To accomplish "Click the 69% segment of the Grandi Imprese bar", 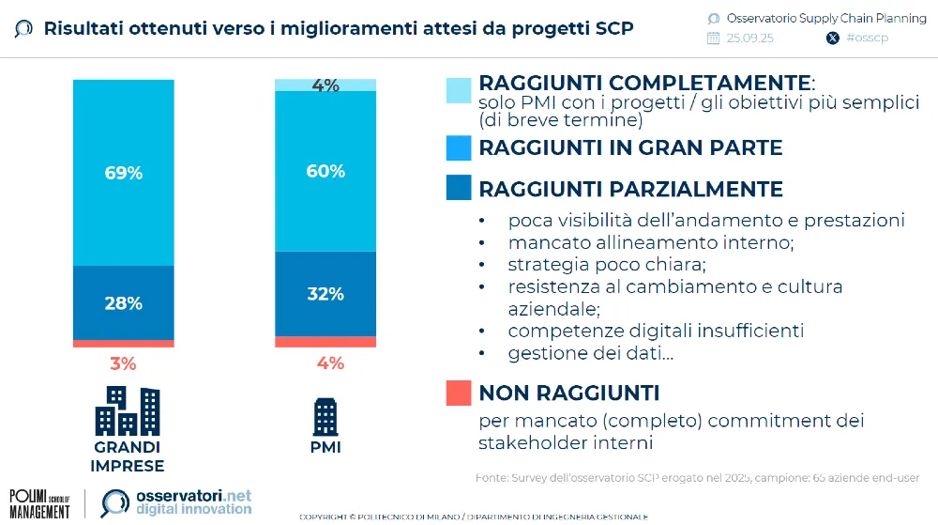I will pyautogui.click(x=123, y=173).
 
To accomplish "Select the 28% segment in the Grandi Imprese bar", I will pyautogui.click(x=123, y=302).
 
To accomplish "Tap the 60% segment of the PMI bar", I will pyautogui.click(x=325, y=171).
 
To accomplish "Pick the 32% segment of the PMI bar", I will pyautogui.click(x=325, y=293).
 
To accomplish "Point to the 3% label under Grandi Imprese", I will pyautogui.click(x=123, y=363).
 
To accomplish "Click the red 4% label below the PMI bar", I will pyautogui.click(x=330, y=363).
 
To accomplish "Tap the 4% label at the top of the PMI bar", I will pyautogui.click(x=325, y=85).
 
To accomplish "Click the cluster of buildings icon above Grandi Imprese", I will pyautogui.click(x=127, y=411).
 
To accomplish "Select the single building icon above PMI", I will pyautogui.click(x=325, y=416).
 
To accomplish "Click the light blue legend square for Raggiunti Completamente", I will pyautogui.click(x=459, y=90).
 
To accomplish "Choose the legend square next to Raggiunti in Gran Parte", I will pyautogui.click(x=459, y=148).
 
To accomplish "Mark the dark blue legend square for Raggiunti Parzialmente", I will pyautogui.click(x=459, y=187).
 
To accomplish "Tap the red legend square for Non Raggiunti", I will pyautogui.click(x=459, y=393).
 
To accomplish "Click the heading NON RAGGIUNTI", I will pyautogui.click(x=568, y=393).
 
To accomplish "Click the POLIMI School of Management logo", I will pyautogui.click(x=39, y=503).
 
